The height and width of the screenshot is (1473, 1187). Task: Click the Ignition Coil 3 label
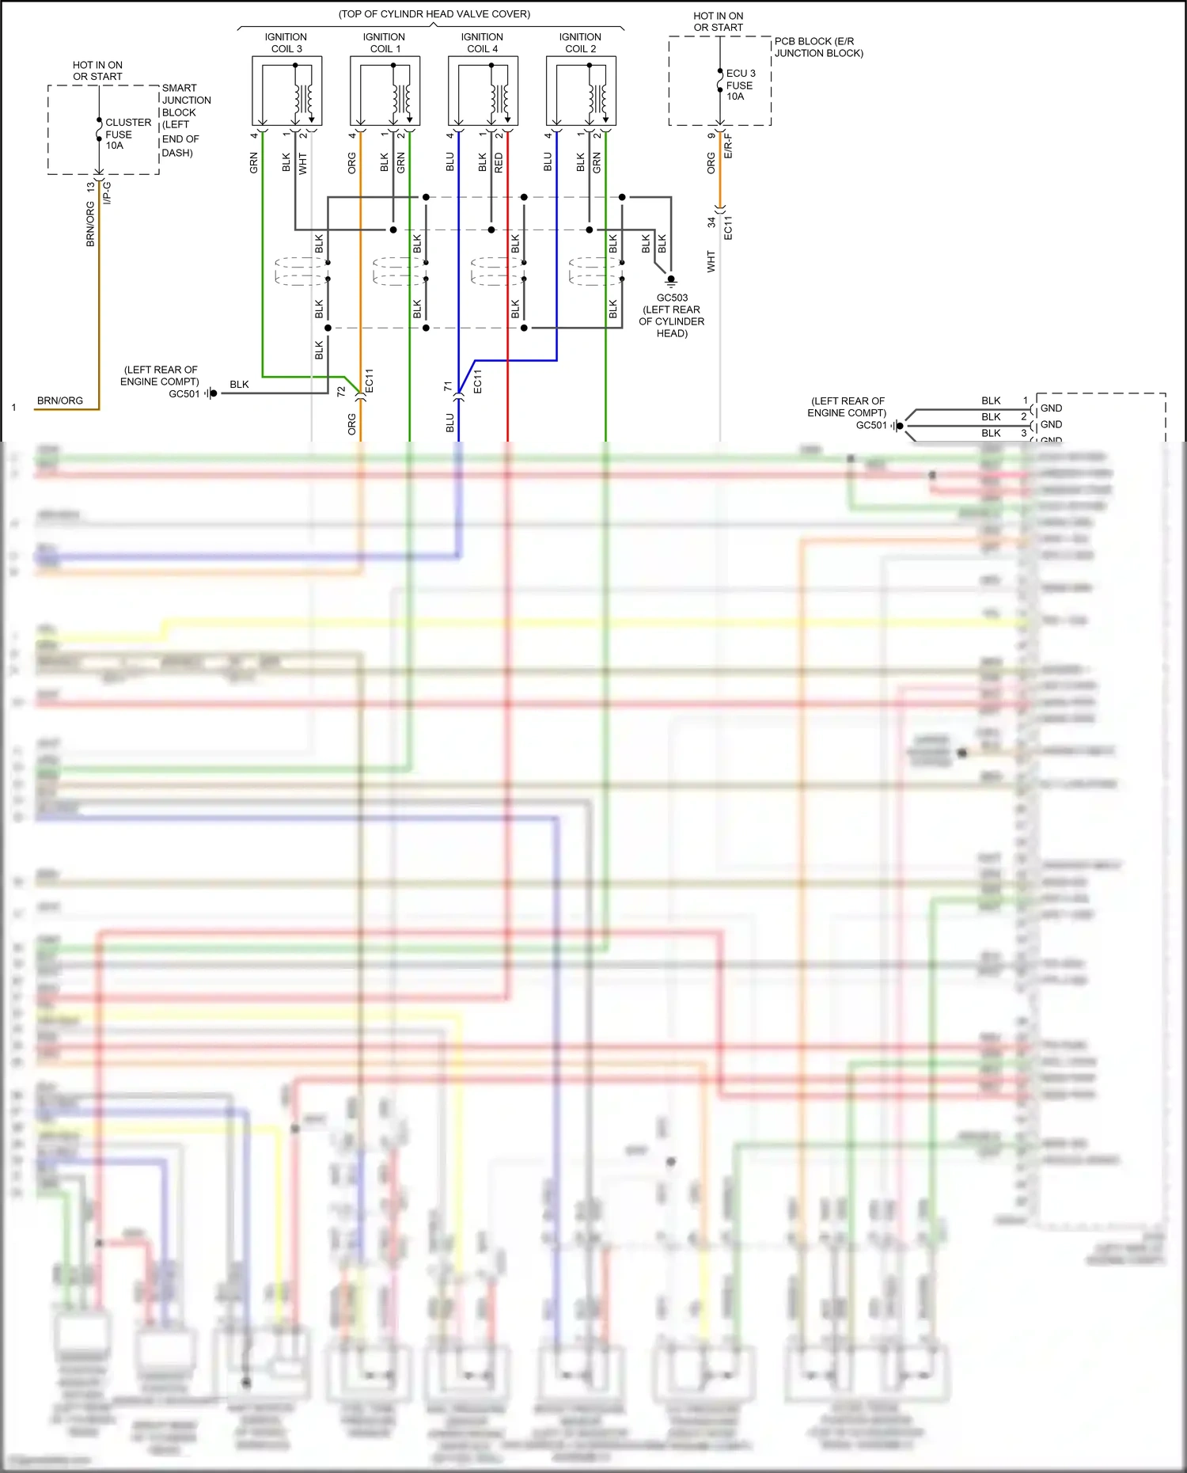click(x=286, y=43)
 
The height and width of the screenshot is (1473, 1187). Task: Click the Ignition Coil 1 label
click(x=384, y=43)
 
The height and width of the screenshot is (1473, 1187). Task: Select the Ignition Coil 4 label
click(x=482, y=43)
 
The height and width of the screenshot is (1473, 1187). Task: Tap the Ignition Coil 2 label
click(x=580, y=43)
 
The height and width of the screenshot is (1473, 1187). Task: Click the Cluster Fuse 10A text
click(x=127, y=134)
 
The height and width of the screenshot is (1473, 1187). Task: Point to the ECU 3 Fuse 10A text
click(x=740, y=85)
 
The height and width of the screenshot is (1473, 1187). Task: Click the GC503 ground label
click(x=672, y=298)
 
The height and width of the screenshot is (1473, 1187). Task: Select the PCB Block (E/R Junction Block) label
click(x=818, y=47)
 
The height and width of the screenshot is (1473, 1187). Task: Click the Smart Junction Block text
click(x=185, y=101)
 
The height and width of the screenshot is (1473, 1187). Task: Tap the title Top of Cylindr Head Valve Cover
click(x=434, y=14)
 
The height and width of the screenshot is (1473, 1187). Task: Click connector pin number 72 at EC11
click(x=341, y=391)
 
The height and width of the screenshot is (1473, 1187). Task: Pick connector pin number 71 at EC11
click(x=448, y=385)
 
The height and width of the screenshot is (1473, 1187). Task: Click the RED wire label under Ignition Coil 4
click(x=499, y=163)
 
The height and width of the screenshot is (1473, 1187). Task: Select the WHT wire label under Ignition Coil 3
click(x=303, y=163)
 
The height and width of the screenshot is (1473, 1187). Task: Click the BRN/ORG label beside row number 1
click(x=60, y=401)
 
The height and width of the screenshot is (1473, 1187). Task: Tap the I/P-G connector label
click(x=108, y=192)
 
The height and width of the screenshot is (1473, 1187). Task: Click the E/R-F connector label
click(x=729, y=146)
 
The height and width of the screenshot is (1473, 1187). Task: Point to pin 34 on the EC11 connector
click(x=711, y=222)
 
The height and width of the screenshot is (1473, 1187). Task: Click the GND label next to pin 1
click(x=1051, y=408)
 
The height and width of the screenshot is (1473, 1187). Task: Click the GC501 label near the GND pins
click(x=871, y=425)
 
